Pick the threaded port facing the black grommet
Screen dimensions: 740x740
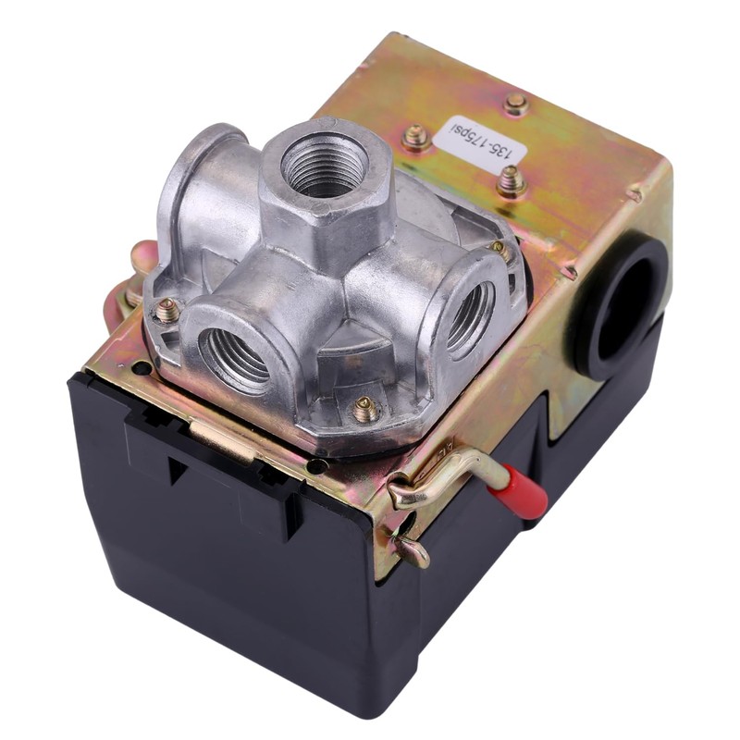tap(470, 315)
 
